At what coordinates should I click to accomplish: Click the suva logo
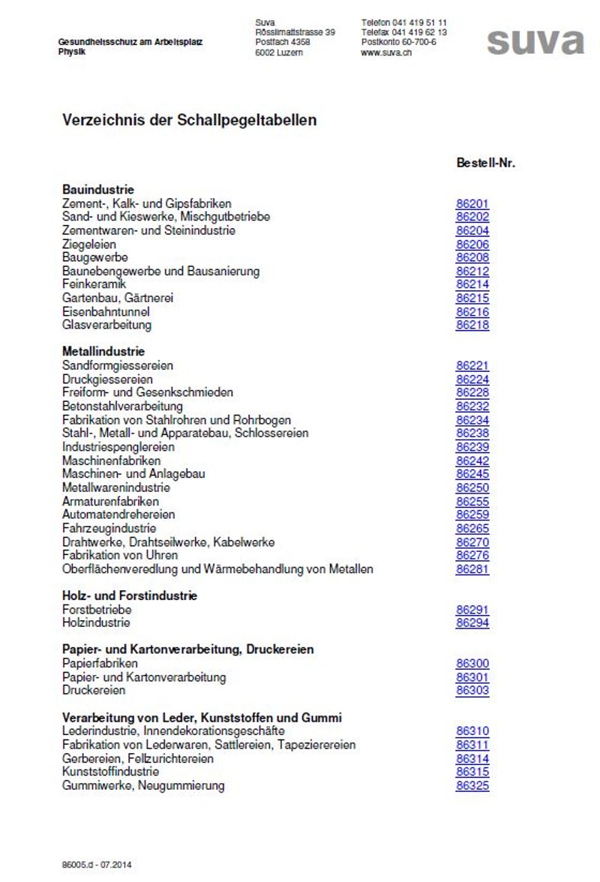535,42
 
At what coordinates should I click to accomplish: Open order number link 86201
472,203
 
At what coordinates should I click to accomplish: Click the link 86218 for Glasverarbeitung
472,325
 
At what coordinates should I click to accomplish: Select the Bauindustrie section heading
98,190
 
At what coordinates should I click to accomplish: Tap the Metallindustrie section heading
103,351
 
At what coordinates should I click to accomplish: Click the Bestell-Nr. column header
485,163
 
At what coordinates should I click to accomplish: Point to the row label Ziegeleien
89,244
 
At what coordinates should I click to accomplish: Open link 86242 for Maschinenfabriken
472,460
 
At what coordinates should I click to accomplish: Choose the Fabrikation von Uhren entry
120,555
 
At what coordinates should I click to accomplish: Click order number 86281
472,569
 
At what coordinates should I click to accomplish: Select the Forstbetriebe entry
97,610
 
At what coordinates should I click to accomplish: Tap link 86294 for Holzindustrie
472,623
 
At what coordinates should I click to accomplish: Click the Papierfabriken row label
100,664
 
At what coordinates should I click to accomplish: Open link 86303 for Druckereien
472,691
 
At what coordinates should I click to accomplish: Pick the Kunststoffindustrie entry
110,772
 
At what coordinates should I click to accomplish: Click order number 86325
472,786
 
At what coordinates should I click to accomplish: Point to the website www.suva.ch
386,53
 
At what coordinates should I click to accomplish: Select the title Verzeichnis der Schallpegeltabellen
189,120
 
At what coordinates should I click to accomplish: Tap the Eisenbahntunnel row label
106,311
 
